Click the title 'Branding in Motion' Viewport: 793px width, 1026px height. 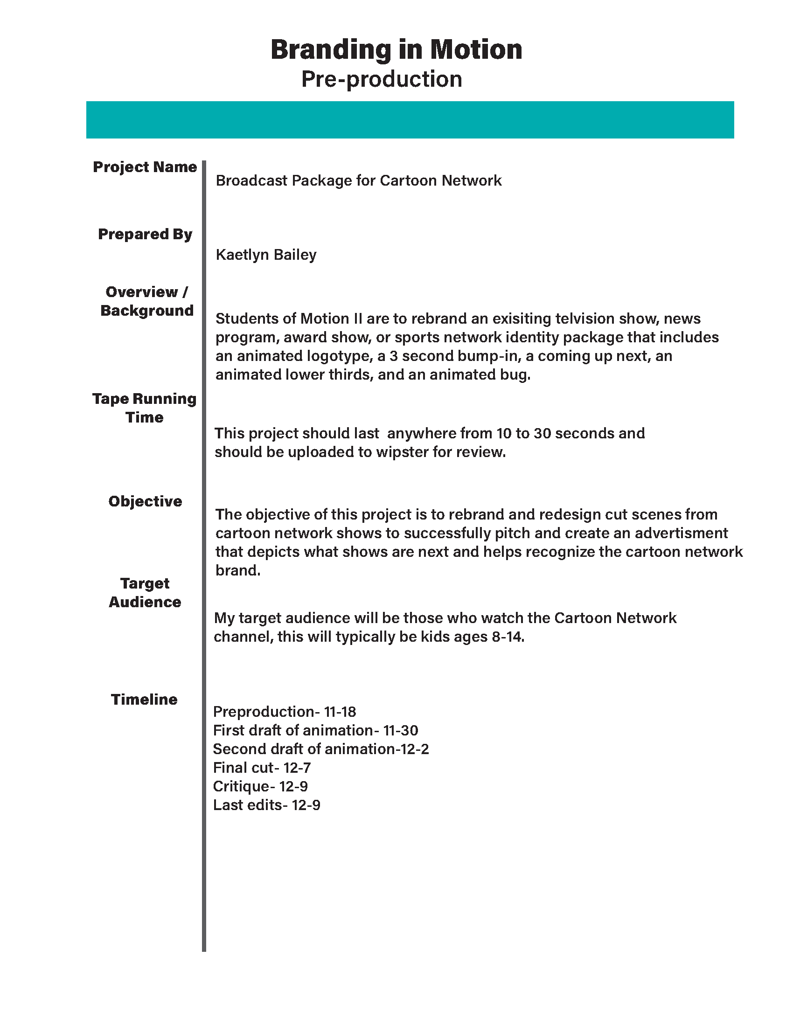click(x=396, y=49)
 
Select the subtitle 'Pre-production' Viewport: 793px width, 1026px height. click(x=382, y=79)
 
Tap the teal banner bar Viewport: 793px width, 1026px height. click(x=410, y=120)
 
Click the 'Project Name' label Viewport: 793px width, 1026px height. click(x=145, y=167)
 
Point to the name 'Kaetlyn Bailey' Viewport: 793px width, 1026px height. click(x=266, y=255)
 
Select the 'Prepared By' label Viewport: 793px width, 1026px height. click(x=145, y=234)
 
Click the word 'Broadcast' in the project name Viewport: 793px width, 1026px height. click(x=251, y=180)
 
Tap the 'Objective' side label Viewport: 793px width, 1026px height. click(x=145, y=501)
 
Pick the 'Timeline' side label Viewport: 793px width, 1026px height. click(x=144, y=700)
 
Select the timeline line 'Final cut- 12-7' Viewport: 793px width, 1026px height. click(x=262, y=768)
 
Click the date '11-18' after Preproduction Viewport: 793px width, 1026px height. click(x=340, y=712)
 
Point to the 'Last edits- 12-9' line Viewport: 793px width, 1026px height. click(x=266, y=805)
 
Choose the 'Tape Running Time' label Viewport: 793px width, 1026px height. click(x=144, y=408)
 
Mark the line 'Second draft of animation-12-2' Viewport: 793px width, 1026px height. click(x=321, y=749)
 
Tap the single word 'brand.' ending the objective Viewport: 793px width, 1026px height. click(x=238, y=570)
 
